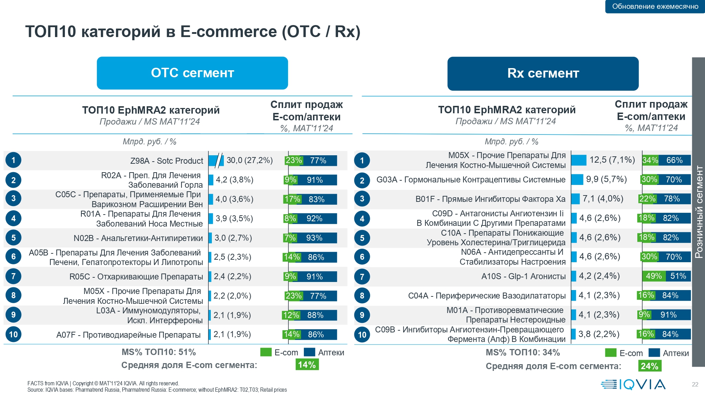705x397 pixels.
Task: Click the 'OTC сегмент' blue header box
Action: click(192, 73)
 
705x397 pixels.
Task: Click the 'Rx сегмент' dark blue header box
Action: click(543, 73)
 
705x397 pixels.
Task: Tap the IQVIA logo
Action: click(633, 384)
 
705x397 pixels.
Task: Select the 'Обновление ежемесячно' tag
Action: click(655, 6)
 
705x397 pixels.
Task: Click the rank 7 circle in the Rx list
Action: click(362, 277)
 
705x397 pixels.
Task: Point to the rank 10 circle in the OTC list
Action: click(13, 334)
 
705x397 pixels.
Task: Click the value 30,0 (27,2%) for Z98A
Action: click(250, 161)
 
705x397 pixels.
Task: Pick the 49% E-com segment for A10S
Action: click(654, 276)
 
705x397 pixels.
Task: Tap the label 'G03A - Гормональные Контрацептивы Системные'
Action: click(471, 180)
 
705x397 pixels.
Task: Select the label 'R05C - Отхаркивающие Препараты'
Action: click(136, 277)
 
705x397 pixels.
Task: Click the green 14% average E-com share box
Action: click(307, 365)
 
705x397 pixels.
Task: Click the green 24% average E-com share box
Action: click(650, 366)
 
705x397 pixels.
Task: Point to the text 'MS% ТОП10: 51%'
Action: click(159, 352)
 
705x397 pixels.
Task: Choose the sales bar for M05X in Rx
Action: click(578, 160)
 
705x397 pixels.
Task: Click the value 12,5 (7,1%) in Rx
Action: click(612, 160)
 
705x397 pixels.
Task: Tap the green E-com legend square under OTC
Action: click(266, 352)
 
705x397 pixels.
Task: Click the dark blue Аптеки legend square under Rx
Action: click(654, 353)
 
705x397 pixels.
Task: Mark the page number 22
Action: click(695, 384)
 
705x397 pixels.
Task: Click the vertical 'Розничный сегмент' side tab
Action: click(698, 212)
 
